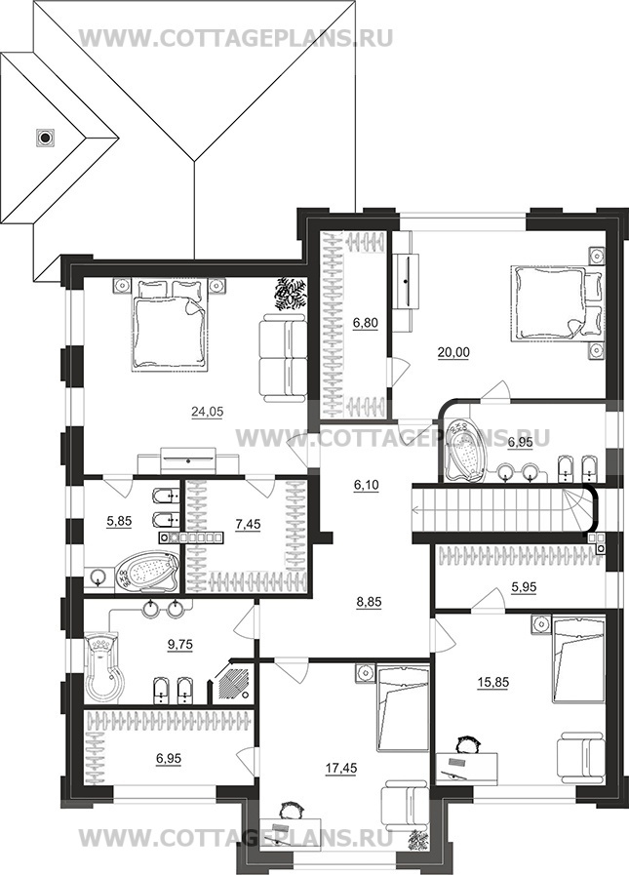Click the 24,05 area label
click(207, 412)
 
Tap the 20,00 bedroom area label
click(453, 352)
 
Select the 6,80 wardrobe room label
click(366, 322)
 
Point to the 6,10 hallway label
click(366, 485)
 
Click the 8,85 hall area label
click(370, 602)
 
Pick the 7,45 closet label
click(249, 524)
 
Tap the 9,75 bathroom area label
click(179, 644)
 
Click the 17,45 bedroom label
click(341, 769)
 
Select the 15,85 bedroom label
click(492, 682)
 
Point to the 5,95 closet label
click(524, 587)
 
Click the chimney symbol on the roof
click(45, 137)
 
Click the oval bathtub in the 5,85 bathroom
click(146, 572)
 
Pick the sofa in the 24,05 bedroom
click(284, 357)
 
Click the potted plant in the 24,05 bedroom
click(291, 293)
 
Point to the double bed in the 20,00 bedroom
click(555, 301)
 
